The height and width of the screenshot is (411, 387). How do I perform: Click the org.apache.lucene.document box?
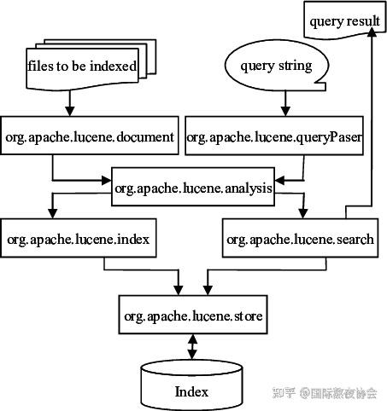pos(91,137)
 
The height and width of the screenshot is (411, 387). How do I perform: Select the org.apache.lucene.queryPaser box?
pos(275,137)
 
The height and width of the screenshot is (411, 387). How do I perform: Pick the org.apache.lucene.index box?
pos(79,240)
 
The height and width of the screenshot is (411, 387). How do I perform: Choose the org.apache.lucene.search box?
pos(299,240)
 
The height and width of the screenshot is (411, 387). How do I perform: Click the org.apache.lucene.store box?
pos(193,316)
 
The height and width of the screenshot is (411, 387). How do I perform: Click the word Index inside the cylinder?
pos(191,392)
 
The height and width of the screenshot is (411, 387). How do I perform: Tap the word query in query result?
pos(324,21)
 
